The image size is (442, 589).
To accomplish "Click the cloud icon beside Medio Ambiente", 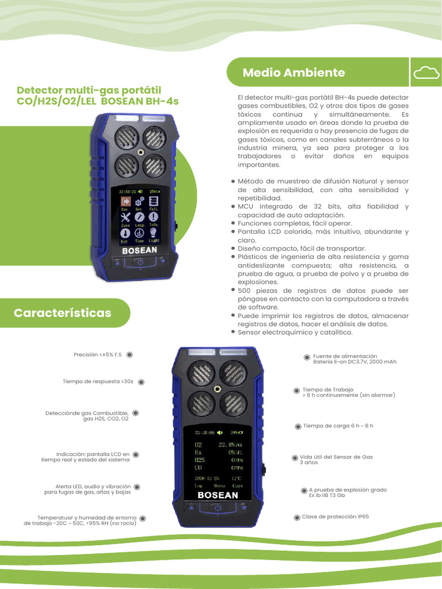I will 426,72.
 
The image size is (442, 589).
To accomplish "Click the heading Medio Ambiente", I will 294,72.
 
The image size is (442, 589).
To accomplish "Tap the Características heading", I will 62,313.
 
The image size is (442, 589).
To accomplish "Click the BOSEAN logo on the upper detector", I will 140,251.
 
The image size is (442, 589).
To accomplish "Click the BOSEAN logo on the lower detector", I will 218,495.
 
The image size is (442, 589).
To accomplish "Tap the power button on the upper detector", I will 140,263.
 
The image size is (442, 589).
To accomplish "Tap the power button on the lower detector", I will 218,507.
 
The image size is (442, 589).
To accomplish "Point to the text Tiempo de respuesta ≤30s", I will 98,381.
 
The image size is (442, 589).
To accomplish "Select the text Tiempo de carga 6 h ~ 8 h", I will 338,426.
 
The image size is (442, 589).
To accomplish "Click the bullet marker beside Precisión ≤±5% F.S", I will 129,355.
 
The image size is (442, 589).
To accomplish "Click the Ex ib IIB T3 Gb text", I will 327,495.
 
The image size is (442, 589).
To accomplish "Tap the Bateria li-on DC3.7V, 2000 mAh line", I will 355,362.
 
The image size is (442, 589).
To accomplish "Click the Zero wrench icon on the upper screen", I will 124,217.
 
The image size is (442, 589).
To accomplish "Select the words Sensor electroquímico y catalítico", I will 295,332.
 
